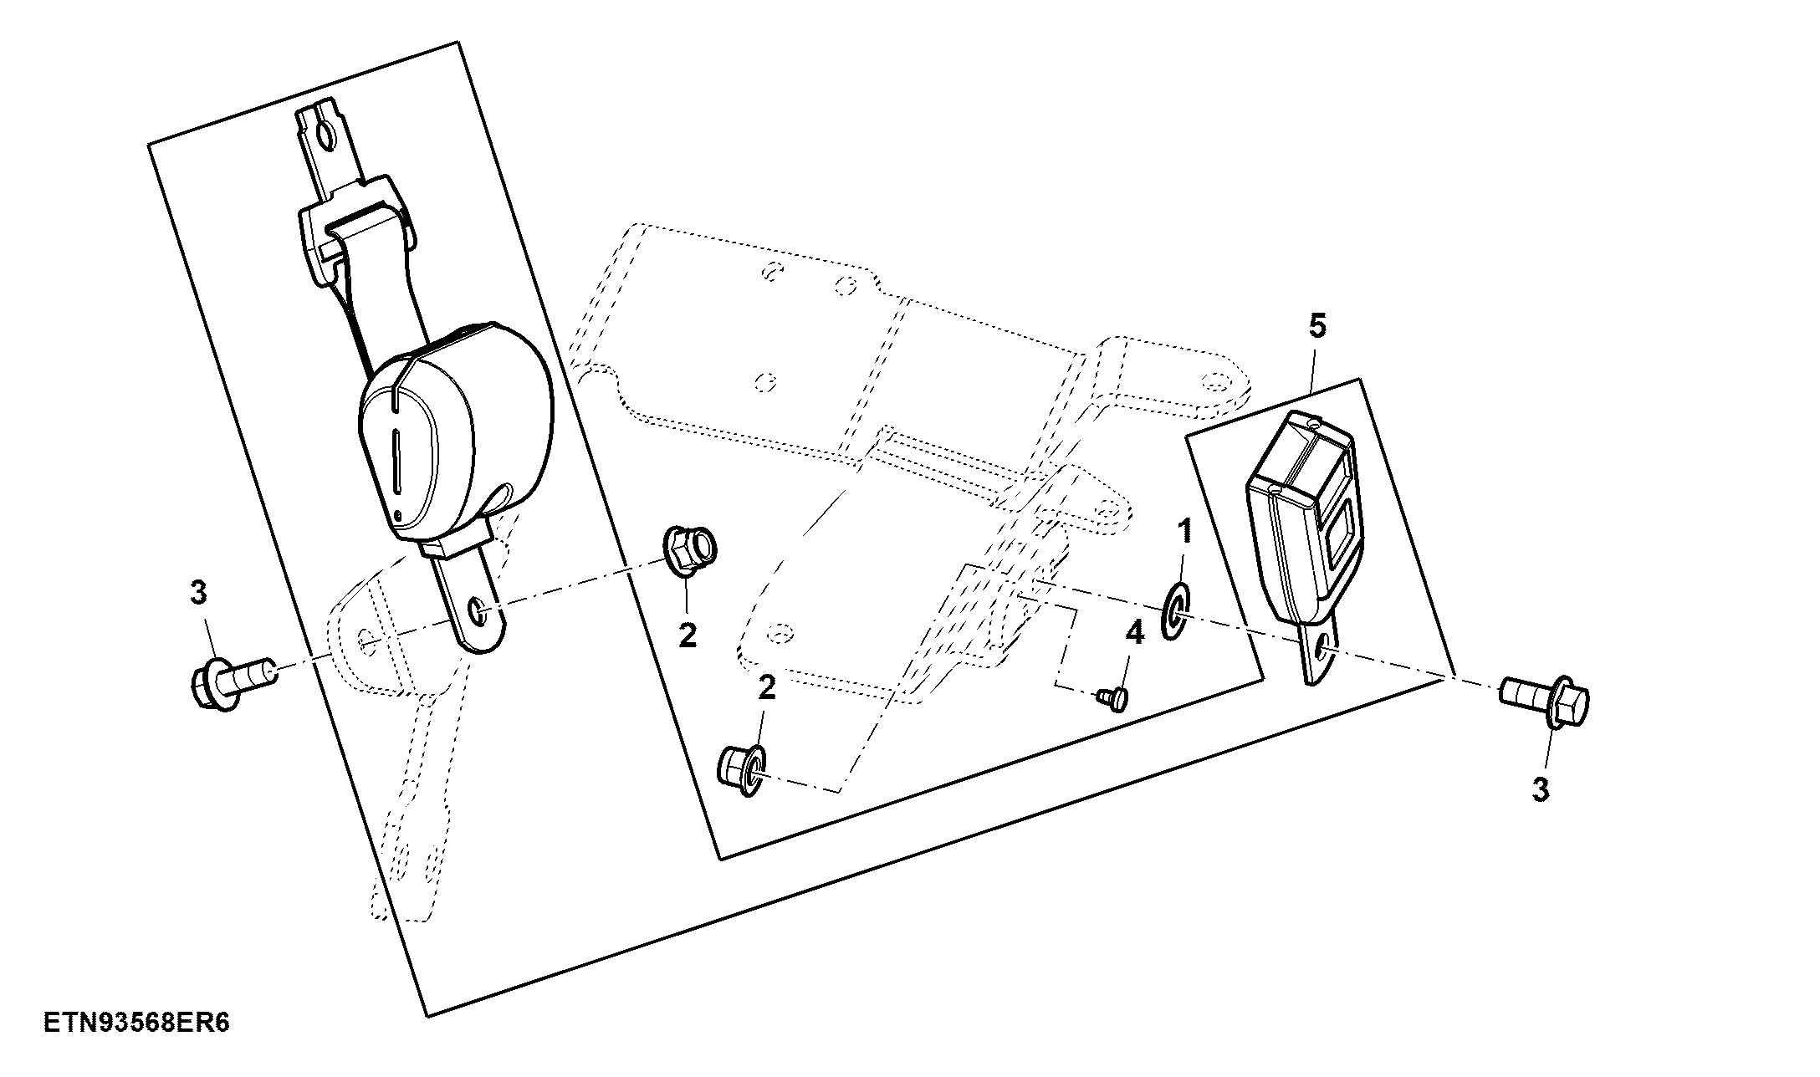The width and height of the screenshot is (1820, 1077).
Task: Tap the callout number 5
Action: coord(1317,326)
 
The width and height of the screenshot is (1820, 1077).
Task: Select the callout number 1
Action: coord(1184,531)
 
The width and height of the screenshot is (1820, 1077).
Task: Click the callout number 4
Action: coord(1134,633)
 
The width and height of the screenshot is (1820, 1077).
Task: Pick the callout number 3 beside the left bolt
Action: coord(198,593)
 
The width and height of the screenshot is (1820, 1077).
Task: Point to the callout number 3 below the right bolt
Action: coord(1541,789)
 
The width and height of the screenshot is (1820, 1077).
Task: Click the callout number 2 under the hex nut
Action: coord(688,636)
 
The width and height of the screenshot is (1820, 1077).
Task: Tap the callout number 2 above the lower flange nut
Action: coord(766,688)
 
